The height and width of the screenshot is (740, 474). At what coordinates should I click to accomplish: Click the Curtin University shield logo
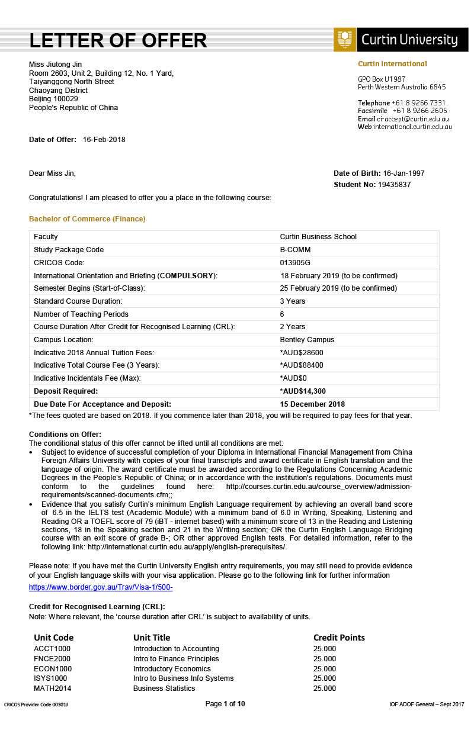(345, 40)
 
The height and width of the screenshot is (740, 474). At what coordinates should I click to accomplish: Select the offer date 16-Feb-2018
(104, 140)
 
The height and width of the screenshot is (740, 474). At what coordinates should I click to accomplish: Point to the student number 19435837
(395, 185)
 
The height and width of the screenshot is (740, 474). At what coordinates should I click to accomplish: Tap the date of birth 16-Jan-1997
(404, 173)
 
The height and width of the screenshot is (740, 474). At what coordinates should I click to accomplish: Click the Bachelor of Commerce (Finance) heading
(87, 219)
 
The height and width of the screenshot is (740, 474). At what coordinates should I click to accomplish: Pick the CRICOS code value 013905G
(295, 262)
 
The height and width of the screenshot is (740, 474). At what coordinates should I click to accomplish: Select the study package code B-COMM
(295, 250)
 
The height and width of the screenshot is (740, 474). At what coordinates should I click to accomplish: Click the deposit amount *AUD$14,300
(303, 391)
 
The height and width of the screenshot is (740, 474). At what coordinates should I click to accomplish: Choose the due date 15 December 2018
(312, 404)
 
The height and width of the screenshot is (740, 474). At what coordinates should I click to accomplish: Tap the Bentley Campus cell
(307, 340)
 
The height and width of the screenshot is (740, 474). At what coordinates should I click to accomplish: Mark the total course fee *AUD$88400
(302, 365)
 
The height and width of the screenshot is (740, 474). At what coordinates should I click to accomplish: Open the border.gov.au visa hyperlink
(101, 587)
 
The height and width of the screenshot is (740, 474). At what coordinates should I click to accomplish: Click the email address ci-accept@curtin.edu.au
(413, 119)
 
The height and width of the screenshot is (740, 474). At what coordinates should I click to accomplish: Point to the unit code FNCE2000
(52, 659)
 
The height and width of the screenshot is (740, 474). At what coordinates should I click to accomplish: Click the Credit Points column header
(339, 638)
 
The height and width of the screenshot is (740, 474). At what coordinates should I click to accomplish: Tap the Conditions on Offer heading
(65, 435)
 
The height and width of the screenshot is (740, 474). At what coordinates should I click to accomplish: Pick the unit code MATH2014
(53, 688)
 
